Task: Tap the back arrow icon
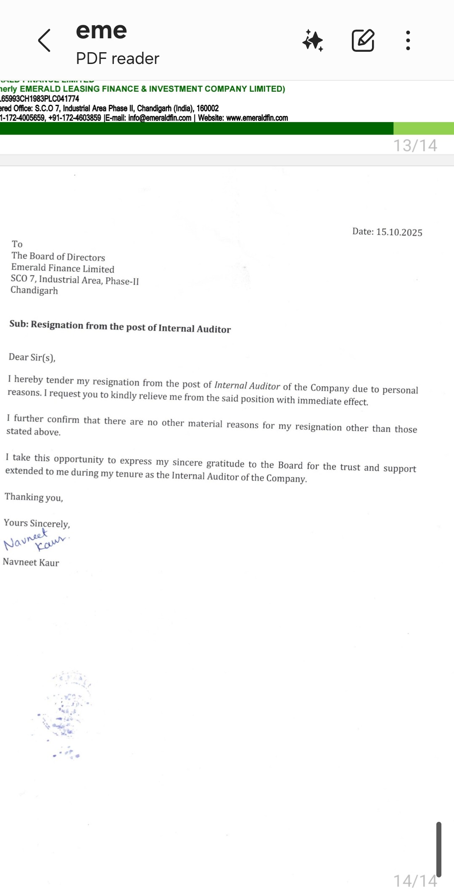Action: point(44,41)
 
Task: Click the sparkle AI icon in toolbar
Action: point(313,41)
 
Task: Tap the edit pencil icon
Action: point(363,41)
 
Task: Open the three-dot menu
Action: point(408,41)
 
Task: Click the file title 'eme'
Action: point(101,31)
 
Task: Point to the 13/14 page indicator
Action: point(415,146)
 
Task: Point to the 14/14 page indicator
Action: point(415,880)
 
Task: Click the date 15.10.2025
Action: point(399,232)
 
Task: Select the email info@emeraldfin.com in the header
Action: point(160,118)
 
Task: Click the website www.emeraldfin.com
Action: point(257,118)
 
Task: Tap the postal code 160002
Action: point(208,108)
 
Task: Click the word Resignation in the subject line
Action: point(57,325)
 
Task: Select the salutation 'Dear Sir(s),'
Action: point(32,357)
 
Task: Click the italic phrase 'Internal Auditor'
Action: point(247,385)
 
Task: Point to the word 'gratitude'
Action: point(225,463)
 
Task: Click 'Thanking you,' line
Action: point(34,497)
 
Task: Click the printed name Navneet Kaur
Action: point(31,562)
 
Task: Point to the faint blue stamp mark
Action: point(65,711)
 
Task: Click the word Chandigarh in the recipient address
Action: point(34,290)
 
